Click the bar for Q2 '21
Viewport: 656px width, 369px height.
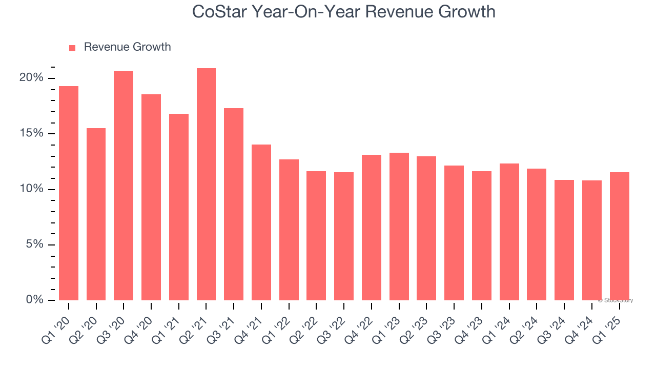pos(206,184)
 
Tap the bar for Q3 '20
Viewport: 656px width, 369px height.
pos(124,186)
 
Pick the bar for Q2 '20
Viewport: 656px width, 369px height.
pos(96,214)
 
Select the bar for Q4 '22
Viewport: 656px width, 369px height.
pos(372,227)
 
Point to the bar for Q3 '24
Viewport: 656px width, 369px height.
pos(564,240)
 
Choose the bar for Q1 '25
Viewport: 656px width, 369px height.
pos(619,236)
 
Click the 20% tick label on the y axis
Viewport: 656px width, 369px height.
pos(31,78)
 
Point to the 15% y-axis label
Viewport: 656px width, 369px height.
pos(31,133)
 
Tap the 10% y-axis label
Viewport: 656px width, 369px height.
pos(31,189)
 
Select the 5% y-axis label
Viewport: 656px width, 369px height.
pos(34,244)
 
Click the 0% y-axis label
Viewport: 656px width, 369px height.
pos(34,300)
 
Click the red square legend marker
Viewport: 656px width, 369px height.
pos(72,48)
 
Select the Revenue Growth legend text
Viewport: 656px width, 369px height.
pos(127,47)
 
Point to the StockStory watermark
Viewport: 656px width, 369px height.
pos(616,300)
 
